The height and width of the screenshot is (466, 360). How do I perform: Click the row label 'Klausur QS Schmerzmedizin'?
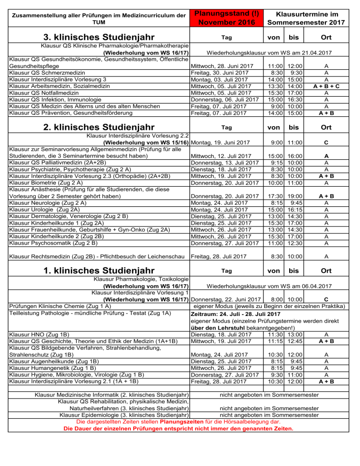(46, 73)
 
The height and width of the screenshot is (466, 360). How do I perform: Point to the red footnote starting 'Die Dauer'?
(178, 428)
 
